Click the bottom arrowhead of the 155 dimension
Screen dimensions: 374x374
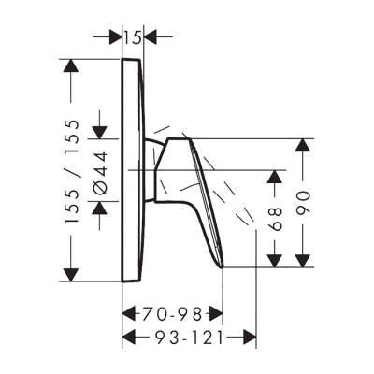pos(70,275)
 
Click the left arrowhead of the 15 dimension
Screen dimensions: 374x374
pos(115,36)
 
